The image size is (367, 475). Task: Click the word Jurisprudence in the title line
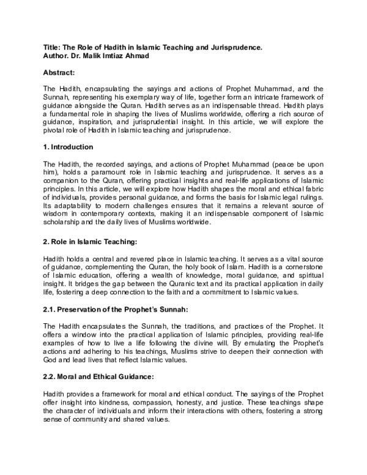(x=232, y=47)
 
